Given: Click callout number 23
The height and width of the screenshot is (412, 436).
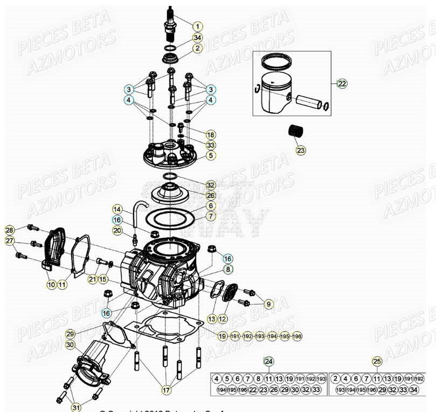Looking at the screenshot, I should click(301, 150).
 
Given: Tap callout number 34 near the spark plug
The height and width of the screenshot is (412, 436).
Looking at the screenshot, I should click(197, 37).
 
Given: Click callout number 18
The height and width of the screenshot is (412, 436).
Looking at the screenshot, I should click(210, 134).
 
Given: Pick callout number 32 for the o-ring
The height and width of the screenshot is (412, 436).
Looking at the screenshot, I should click(211, 184).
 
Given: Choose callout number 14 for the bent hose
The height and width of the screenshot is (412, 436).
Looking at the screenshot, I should click(117, 209).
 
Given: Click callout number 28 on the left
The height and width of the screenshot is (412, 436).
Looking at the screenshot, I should click(10, 230).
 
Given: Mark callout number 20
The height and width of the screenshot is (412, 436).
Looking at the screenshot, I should click(117, 230).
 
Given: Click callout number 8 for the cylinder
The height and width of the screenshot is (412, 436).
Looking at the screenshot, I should click(228, 269).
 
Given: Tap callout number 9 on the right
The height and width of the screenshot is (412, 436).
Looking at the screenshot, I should click(268, 304).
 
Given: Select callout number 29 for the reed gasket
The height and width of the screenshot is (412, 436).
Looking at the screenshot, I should click(71, 334).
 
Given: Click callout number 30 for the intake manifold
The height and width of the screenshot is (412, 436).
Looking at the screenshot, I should click(71, 345).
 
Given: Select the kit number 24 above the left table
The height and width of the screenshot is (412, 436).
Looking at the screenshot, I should click(268, 361).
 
